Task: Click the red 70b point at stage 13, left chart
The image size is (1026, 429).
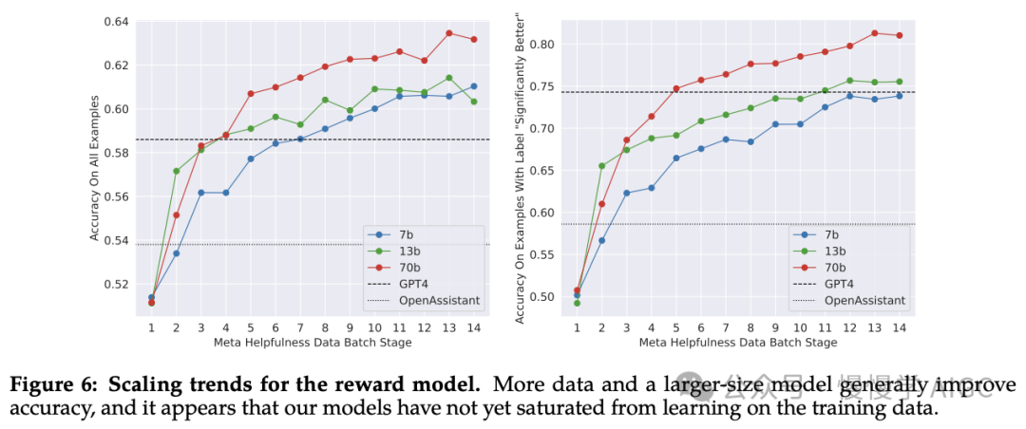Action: pos(448,33)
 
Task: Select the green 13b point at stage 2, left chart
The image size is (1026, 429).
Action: pos(176,171)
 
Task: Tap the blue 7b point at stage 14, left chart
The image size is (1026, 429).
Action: pos(474,86)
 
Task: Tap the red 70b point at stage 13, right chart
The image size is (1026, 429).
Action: pos(874,33)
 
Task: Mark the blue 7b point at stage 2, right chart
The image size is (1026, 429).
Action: pos(601,240)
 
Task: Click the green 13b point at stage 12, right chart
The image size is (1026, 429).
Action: pos(849,81)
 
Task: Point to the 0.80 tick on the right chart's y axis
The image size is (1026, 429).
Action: pos(542,44)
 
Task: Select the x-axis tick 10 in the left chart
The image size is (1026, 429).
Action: pos(374,326)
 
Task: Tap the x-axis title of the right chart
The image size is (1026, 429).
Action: pos(737,342)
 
